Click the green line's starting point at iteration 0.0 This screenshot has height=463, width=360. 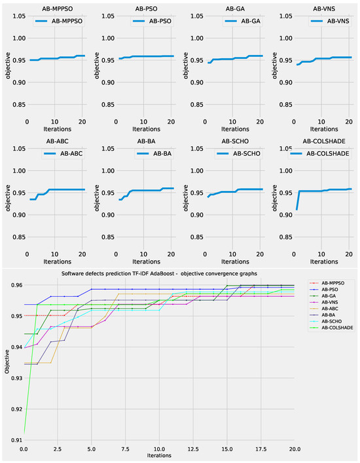coord(24,432)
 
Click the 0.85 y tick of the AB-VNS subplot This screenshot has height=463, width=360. coord(281,105)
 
